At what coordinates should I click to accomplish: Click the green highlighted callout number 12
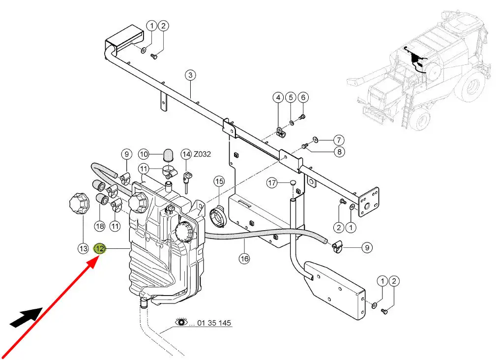coord(100,249)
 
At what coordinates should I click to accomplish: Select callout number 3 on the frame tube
coord(190,75)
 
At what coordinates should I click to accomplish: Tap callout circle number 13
coord(83,249)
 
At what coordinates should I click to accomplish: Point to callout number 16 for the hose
coord(244,259)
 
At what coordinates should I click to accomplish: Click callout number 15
coord(219,181)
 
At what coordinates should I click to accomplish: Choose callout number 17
coord(273,183)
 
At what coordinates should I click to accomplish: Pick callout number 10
coord(144,153)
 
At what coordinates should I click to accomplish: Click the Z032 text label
coord(202,154)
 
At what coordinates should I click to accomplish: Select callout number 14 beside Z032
coord(186,154)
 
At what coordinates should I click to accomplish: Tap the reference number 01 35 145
coord(214,323)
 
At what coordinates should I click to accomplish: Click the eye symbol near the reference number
coord(182,322)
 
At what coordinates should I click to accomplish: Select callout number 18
coord(100,226)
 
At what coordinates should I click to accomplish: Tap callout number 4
coord(278,97)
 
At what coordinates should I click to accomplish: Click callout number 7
coord(339,140)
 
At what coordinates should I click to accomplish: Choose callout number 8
coord(339,152)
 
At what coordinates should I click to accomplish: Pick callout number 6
coord(302,97)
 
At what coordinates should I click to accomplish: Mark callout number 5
coord(290,97)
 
